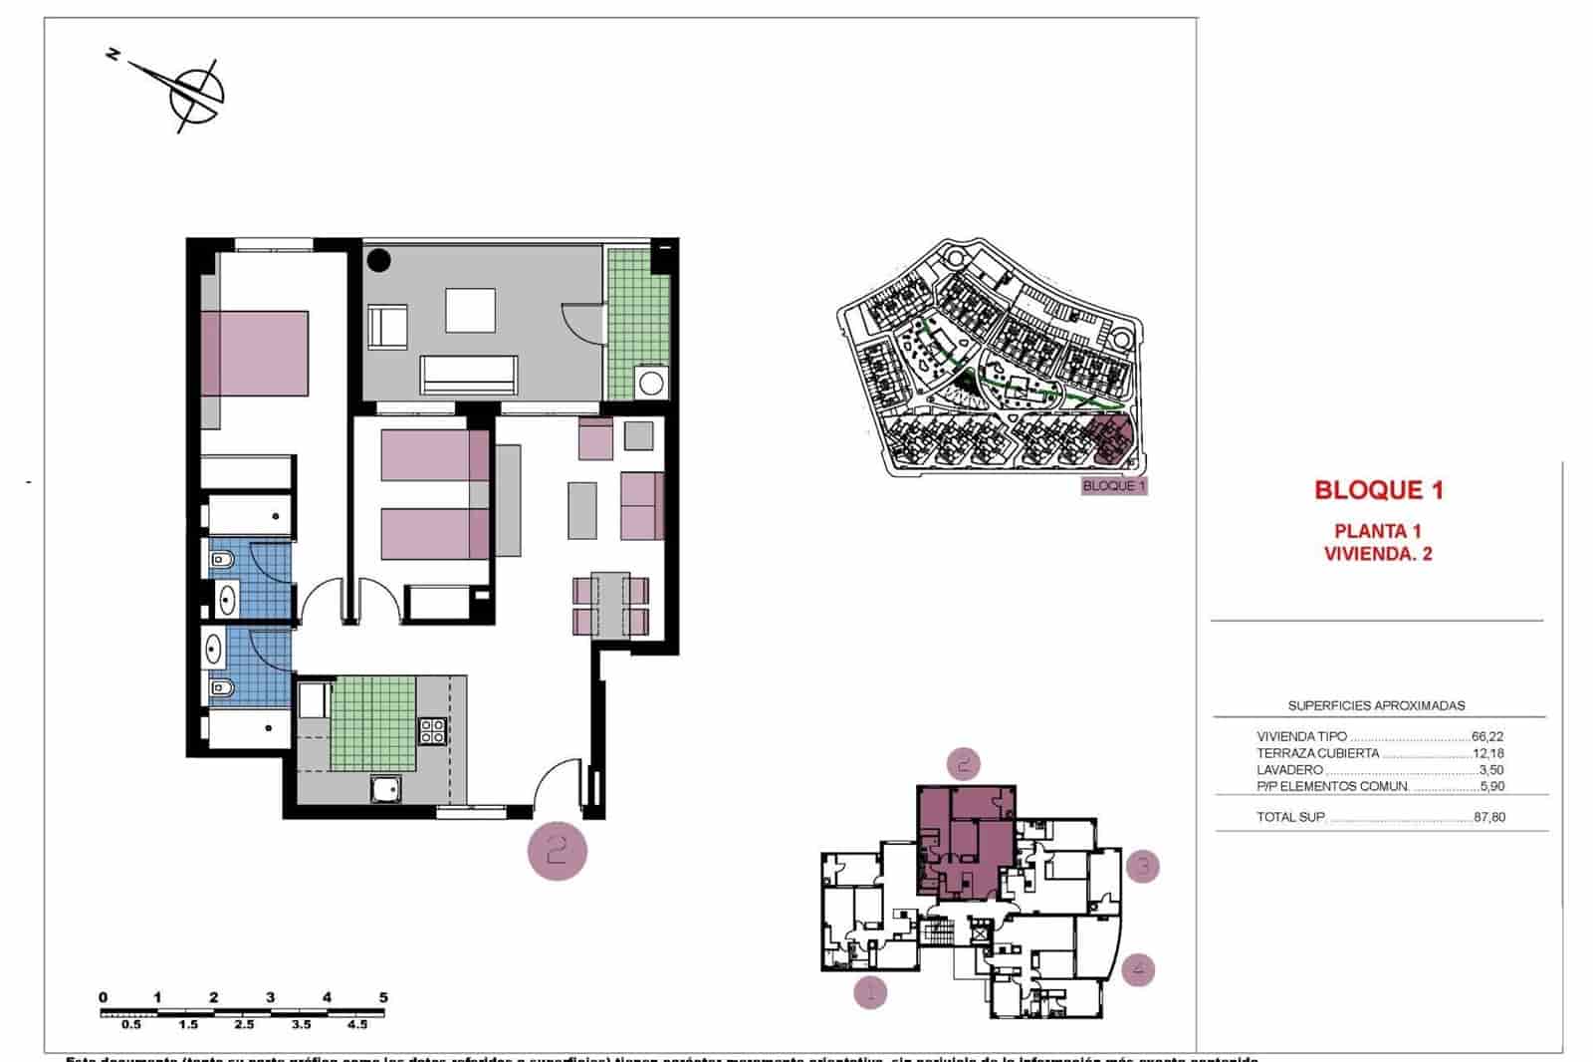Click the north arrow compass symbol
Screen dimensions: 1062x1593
pos(194,93)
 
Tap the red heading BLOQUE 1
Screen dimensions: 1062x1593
pos(1378,490)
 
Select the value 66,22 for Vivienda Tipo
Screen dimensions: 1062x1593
pos(1486,737)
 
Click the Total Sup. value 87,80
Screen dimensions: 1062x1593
pos(1488,818)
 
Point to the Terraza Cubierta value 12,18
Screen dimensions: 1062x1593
pos(1487,753)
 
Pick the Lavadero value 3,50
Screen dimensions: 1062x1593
pos(1490,770)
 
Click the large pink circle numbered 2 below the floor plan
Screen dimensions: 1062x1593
pos(558,850)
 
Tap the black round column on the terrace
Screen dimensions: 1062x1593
pos(378,261)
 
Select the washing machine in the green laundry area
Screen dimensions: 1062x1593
pos(652,383)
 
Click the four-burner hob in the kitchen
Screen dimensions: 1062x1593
pos(432,731)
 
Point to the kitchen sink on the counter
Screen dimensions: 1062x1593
pos(384,789)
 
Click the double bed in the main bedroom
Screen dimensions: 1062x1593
pos(255,353)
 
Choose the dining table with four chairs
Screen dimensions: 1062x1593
pos(610,605)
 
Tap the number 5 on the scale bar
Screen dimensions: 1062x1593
pos(383,997)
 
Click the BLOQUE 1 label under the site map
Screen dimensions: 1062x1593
pos(1114,486)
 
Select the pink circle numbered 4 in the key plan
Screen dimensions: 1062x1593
pos(1138,968)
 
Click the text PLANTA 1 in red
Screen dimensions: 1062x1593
pos(1378,532)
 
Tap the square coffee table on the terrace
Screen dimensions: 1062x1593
pos(470,310)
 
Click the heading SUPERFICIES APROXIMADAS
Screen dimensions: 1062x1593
pos(1376,705)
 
